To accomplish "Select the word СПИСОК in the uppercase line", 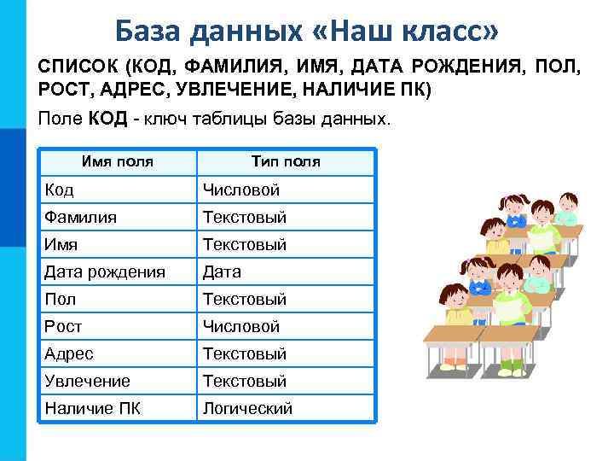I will point(76,67).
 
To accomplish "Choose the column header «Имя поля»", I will point(118,161).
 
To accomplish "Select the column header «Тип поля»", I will point(286,161).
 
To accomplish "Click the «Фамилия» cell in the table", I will point(81,217).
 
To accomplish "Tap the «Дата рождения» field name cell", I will point(105,271).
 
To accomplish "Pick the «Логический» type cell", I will point(247,408).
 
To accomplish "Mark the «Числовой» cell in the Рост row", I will point(240,326).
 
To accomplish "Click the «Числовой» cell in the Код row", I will point(240,190).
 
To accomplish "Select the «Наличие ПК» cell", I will point(92,408).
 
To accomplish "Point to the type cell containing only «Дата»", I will point(222,271).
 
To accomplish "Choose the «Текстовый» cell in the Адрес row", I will point(244,353).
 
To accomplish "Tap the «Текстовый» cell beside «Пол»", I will point(244,299).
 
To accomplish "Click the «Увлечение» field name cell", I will point(87,381).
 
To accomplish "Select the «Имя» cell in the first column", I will point(61,244).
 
